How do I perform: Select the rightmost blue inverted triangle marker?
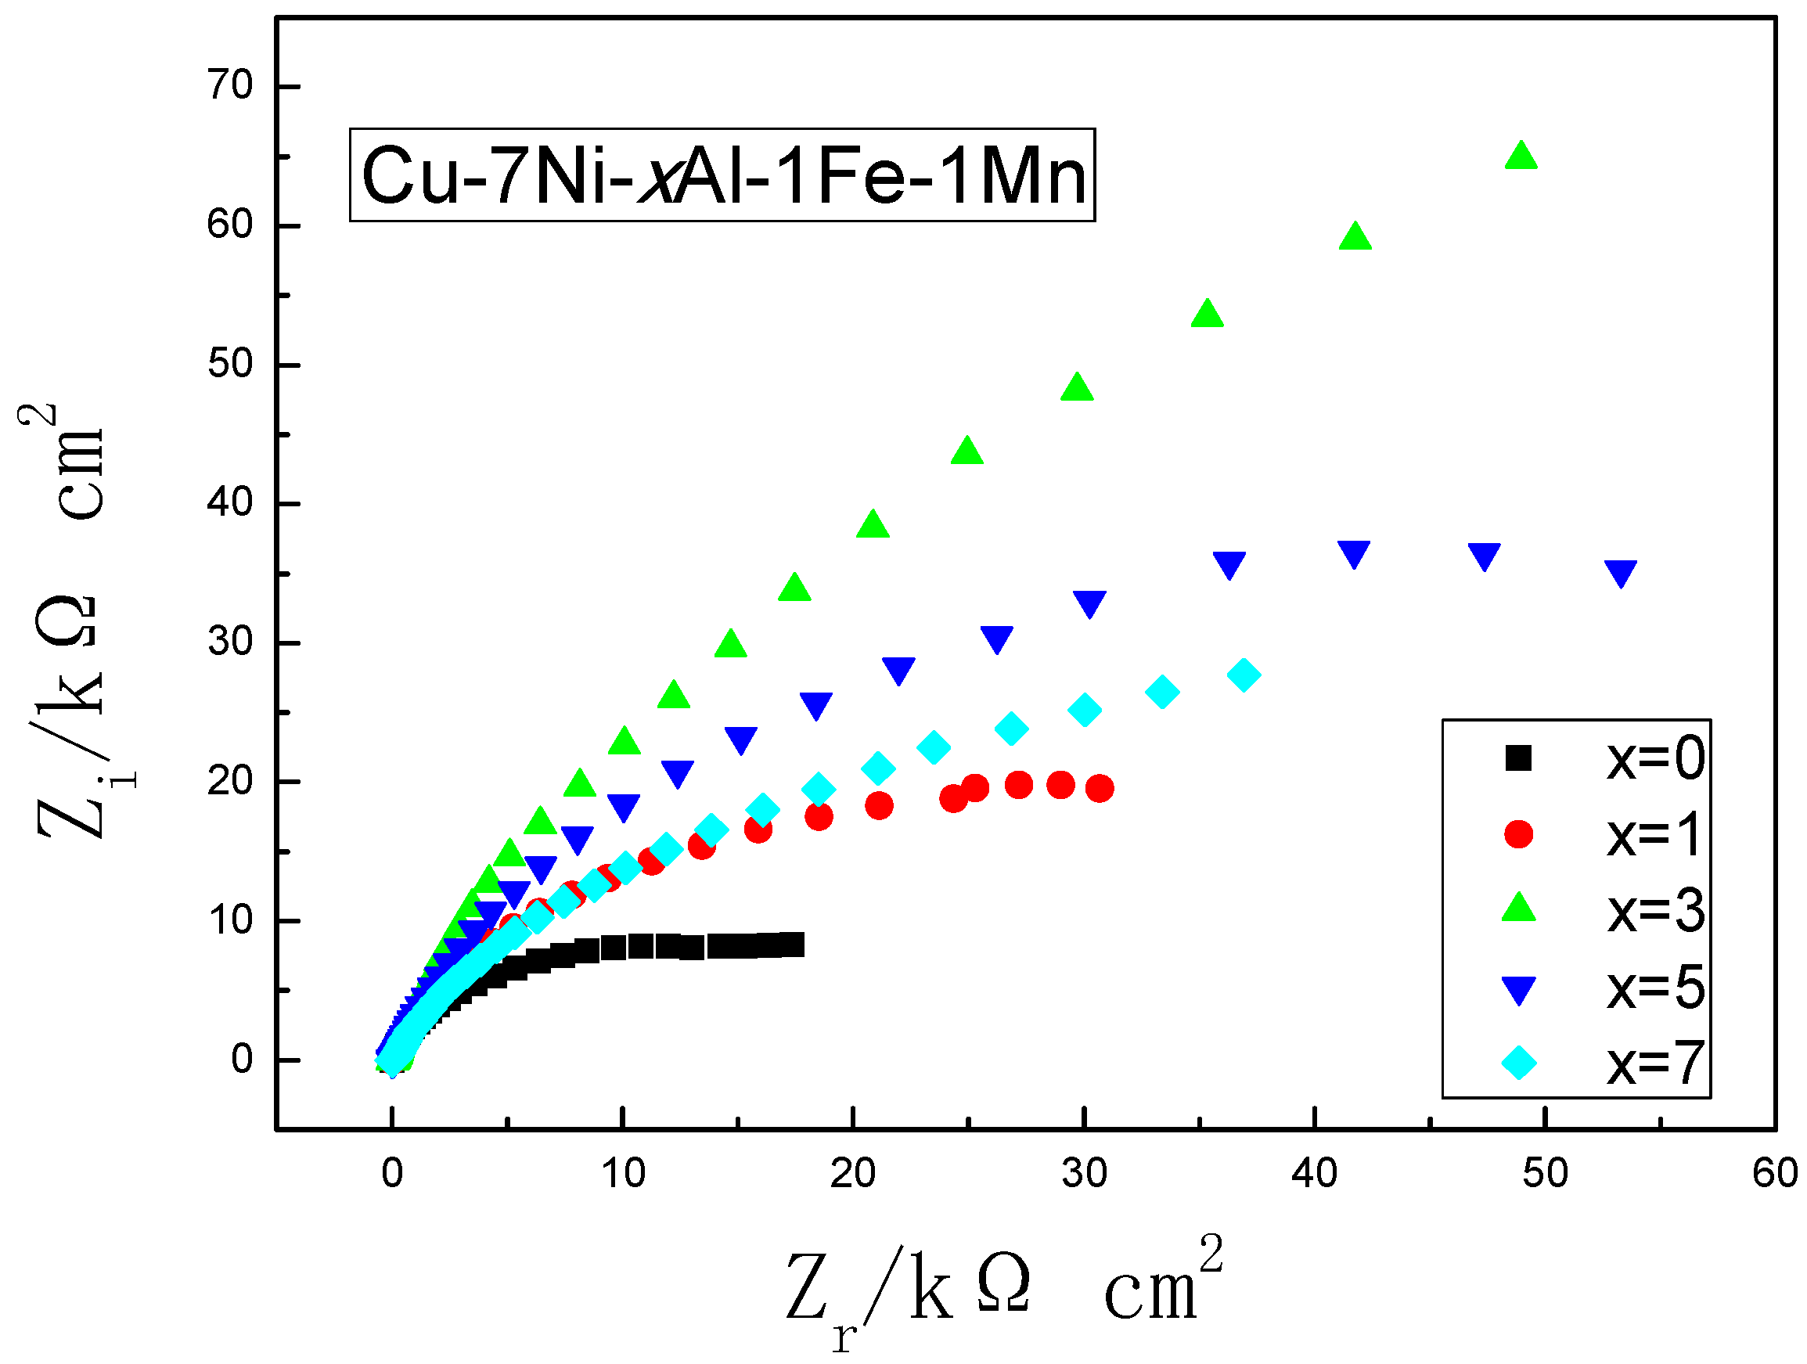pyautogui.click(x=1621, y=573)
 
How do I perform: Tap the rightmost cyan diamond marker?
pyautogui.click(x=1244, y=675)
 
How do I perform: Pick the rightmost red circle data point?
pyautogui.click(x=1100, y=788)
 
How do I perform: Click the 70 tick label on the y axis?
pyautogui.click(x=229, y=86)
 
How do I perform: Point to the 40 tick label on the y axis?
pyautogui.click(x=229, y=503)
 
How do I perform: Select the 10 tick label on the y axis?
pyautogui.click(x=229, y=920)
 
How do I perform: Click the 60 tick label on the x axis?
pyautogui.click(x=1774, y=1174)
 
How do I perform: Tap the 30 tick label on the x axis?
pyautogui.click(x=1084, y=1174)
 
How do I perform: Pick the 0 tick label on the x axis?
pyautogui.click(x=392, y=1174)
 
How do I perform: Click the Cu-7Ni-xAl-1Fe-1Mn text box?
pyautogui.click(x=722, y=175)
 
